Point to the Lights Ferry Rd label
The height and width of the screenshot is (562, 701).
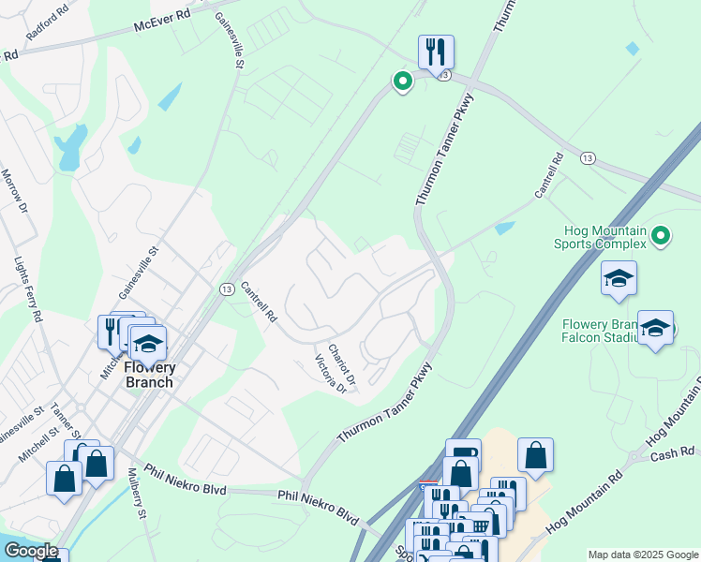click(x=27, y=290)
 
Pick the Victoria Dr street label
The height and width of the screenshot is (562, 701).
click(x=331, y=374)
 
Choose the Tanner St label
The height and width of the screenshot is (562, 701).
click(x=66, y=422)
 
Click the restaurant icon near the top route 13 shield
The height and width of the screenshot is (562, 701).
click(x=436, y=52)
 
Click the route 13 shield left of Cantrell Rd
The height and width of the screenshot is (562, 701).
click(x=228, y=290)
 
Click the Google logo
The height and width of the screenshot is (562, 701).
click(x=30, y=551)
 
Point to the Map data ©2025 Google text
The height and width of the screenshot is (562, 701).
click(x=642, y=554)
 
